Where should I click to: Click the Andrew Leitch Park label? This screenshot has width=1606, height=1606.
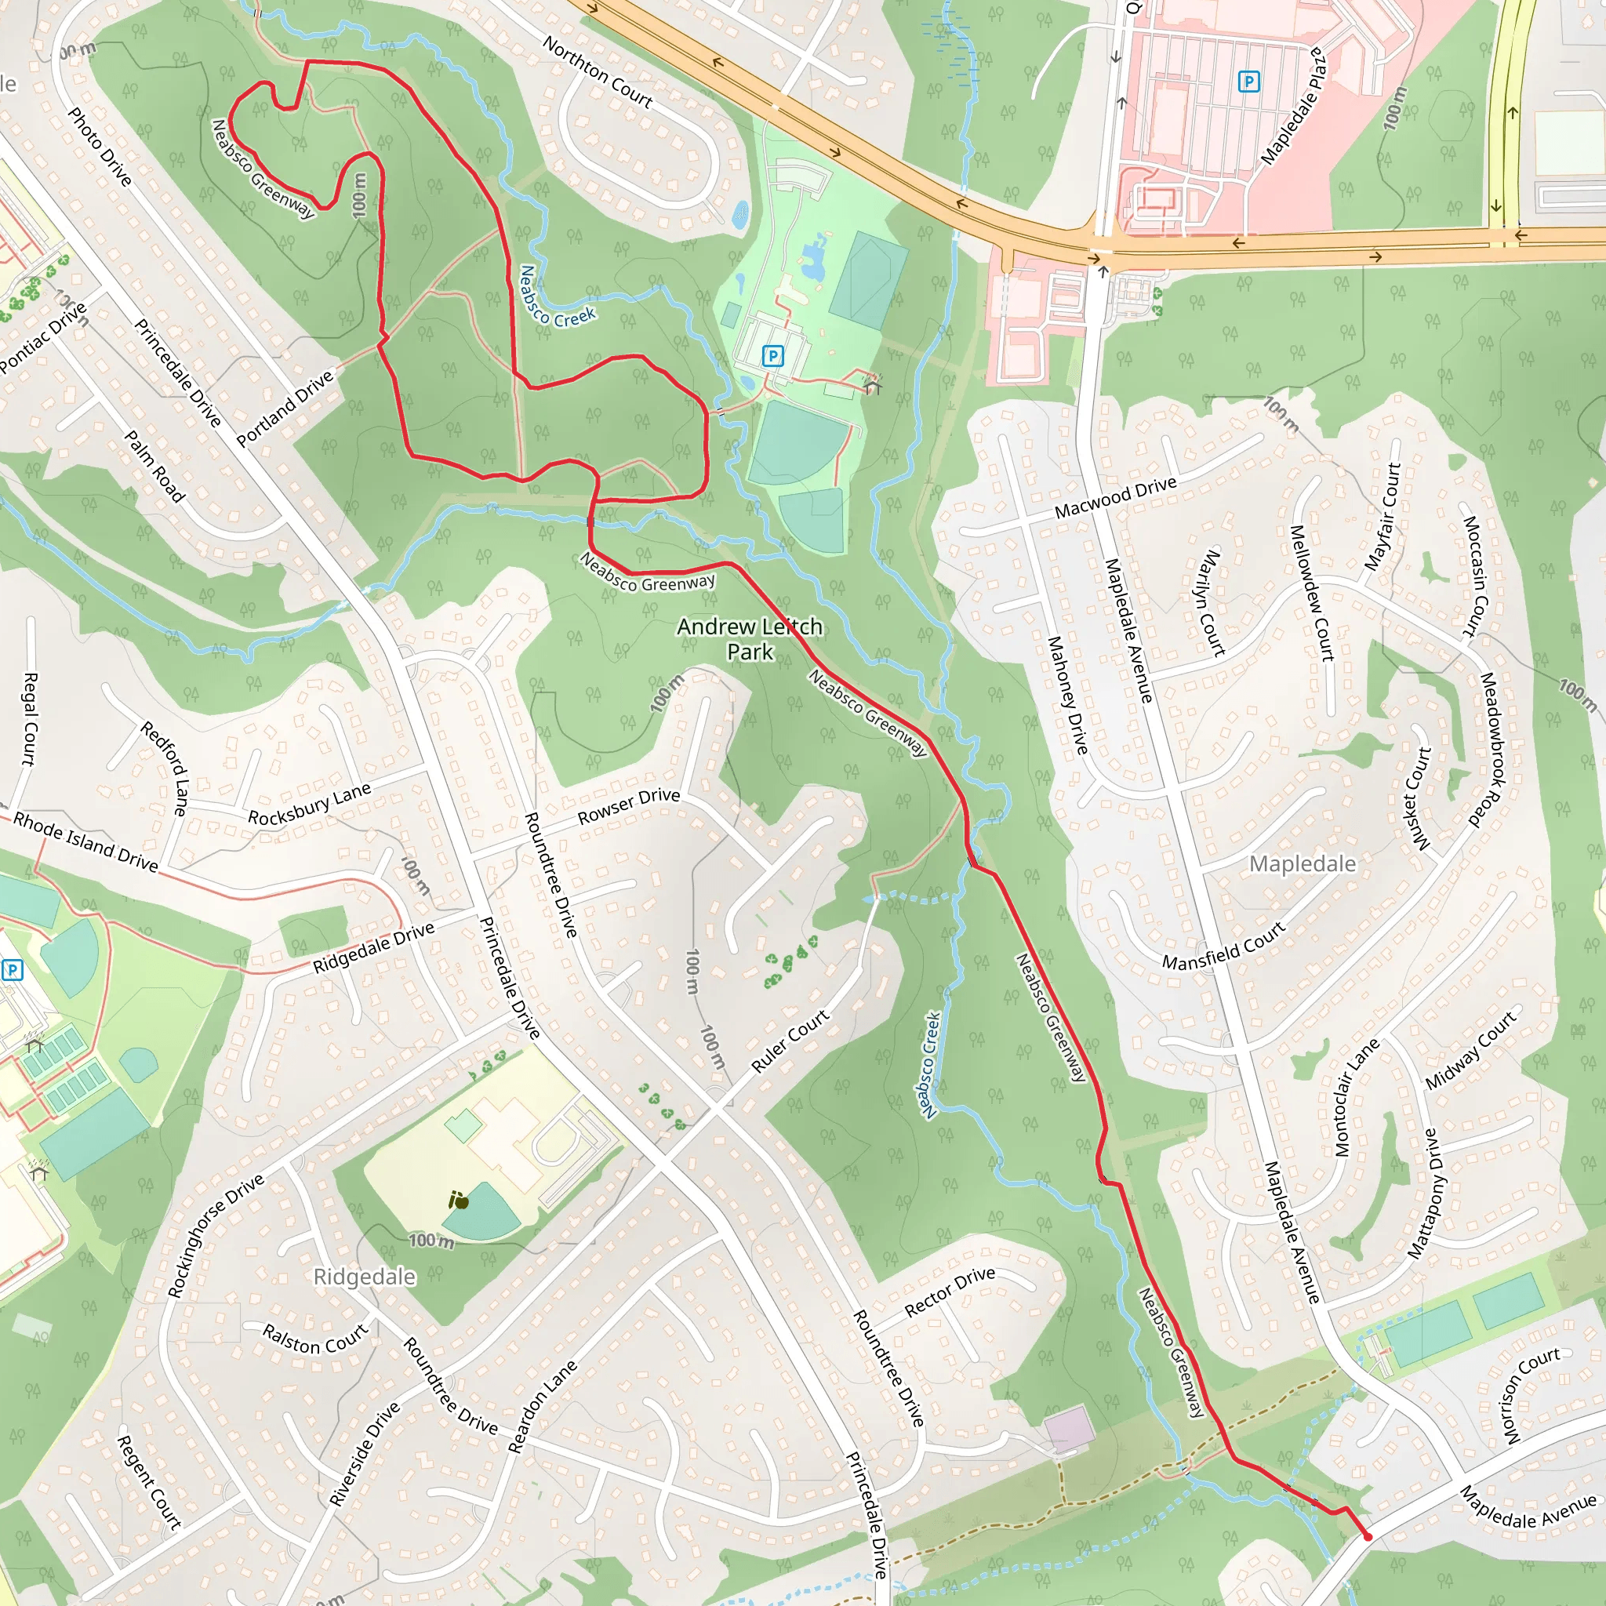tap(749, 638)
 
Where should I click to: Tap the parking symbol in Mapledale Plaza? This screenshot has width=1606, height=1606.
tap(1248, 82)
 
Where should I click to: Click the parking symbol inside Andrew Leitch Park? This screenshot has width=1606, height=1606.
tap(773, 357)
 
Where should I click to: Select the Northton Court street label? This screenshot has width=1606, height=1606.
tap(598, 71)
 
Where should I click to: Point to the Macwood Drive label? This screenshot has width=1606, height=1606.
tap(1116, 497)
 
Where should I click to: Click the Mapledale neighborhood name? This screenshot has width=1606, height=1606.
tap(1302, 863)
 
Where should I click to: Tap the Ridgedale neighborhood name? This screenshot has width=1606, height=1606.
tap(364, 1276)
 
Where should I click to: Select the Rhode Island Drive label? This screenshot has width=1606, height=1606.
tap(85, 842)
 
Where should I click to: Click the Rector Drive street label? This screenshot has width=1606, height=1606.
tap(950, 1291)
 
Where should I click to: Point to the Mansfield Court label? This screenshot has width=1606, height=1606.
tap(1223, 946)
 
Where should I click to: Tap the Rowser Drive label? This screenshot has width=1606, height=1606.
tap(628, 805)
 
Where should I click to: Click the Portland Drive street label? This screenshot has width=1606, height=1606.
tap(285, 408)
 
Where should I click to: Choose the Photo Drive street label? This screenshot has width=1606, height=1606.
tap(100, 147)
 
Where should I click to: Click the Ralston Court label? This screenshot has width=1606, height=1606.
tap(315, 1339)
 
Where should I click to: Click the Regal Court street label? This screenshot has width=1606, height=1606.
tap(29, 718)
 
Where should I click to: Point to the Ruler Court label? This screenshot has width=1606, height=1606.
tap(790, 1040)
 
